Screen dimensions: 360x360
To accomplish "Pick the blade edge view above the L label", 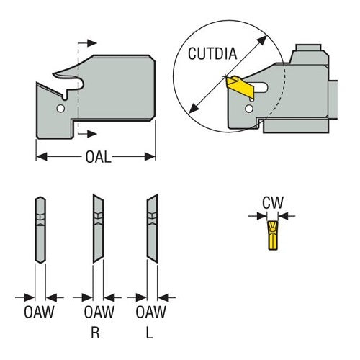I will pyautogui.click(x=151, y=229).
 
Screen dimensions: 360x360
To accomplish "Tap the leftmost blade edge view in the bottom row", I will pyautogui.click(x=40, y=229).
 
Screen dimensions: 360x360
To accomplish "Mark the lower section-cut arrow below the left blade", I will pyautogui.click(x=89, y=133).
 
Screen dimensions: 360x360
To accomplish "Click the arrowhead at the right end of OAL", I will pyautogui.click(x=152, y=156).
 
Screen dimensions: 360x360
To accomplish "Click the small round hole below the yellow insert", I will pyautogui.click(x=249, y=109).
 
